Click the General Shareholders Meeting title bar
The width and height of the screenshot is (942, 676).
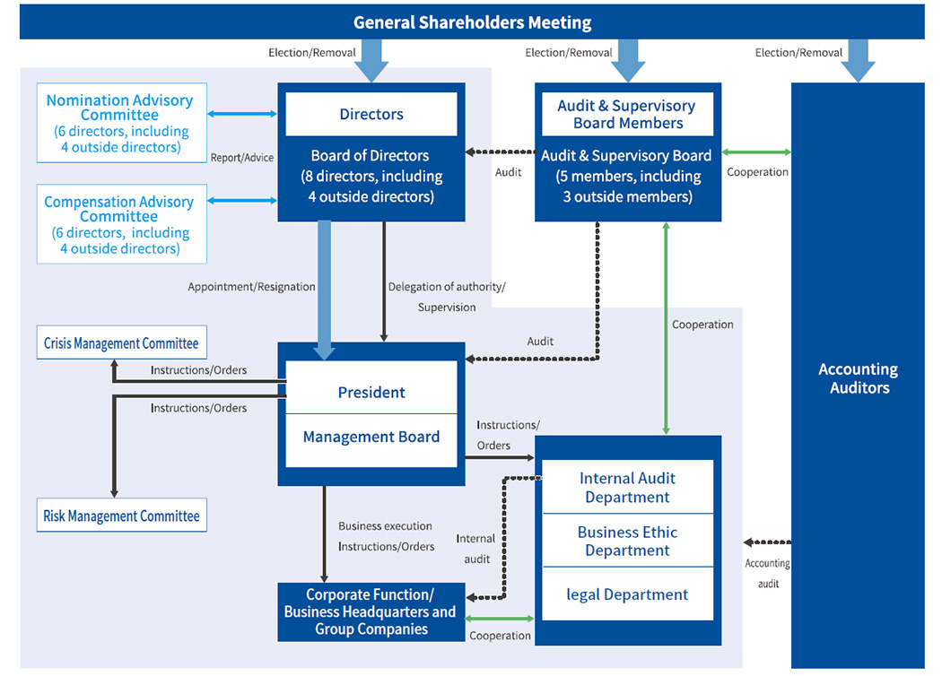pyautogui.click(x=472, y=22)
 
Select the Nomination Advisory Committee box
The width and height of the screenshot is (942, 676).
pyautogui.click(x=121, y=124)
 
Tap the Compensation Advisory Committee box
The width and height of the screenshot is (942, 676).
pyautogui.click(x=121, y=225)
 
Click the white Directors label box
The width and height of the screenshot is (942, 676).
pyautogui.click(x=371, y=115)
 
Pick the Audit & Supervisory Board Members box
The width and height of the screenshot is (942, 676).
pyautogui.click(x=628, y=115)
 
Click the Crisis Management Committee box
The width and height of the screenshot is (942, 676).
pyautogui.click(x=121, y=343)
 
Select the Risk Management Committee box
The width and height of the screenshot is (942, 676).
pyautogui.click(x=121, y=516)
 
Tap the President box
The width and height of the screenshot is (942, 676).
pyautogui.click(x=371, y=393)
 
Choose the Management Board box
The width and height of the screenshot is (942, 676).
pyautogui.click(x=371, y=438)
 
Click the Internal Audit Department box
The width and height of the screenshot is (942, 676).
pyautogui.click(x=627, y=488)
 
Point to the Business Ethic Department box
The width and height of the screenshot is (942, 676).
pyautogui.click(x=627, y=542)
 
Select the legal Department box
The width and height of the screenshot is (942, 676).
pyautogui.click(x=627, y=594)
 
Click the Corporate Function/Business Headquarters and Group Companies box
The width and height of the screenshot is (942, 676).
pyautogui.click(x=371, y=611)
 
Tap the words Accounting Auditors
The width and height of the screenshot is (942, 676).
pyautogui.click(x=859, y=378)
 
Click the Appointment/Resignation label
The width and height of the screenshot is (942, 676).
pyautogui.click(x=251, y=287)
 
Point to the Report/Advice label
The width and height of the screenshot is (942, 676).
pyautogui.click(x=242, y=158)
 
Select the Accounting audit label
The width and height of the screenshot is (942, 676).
pyautogui.click(x=768, y=573)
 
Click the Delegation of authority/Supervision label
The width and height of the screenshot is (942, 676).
pyautogui.click(x=447, y=297)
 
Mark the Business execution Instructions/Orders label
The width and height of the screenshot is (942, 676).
pyautogui.click(x=386, y=536)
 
